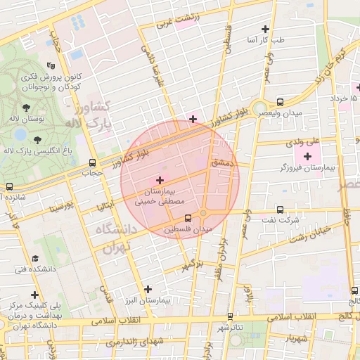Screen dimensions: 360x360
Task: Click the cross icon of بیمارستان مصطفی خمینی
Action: coord(159,181)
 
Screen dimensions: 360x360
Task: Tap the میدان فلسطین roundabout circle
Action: coord(203,212)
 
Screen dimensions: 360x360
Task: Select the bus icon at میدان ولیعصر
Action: coord(281,101)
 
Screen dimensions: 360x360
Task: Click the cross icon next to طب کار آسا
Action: coord(265,30)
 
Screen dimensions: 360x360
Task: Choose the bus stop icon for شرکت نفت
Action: coord(280,210)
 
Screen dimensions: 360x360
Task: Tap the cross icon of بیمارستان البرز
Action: coord(148,289)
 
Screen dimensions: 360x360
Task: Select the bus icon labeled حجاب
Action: coord(92,162)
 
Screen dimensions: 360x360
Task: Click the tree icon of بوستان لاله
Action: coord(27,108)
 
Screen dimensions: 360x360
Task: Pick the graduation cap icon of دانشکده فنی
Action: coord(36,259)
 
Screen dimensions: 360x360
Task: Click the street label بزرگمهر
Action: coord(193,266)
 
